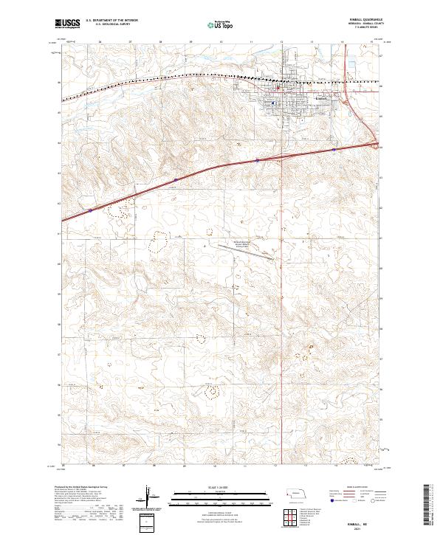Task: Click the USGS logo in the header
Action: pos(66,24)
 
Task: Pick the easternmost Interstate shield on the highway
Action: pos(334,149)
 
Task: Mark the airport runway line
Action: pos(255,254)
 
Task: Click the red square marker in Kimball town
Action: pos(276,90)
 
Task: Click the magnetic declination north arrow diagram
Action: pos(157,500)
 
